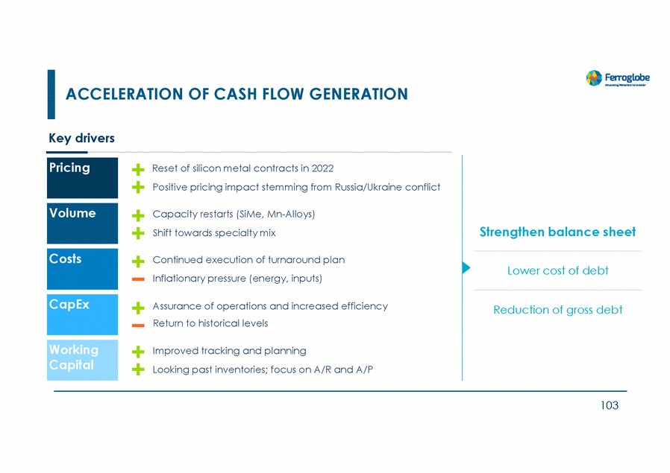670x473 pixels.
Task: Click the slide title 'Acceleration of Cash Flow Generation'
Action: click(x=237, y=95)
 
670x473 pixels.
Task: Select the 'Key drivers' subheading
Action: click(x=81, y=139)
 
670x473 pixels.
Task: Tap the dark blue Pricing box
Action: click(x=82, y=177)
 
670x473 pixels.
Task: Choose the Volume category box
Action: click(x=82, y=223)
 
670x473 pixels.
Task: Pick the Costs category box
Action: click(x=82, y=268)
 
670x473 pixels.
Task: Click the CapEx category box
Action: click(x=82, y=314)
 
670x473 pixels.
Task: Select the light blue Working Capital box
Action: click(x=82, y=359)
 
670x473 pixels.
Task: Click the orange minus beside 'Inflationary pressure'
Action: click(x=137, y=279)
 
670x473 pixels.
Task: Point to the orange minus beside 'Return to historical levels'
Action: click(x=137, y=325)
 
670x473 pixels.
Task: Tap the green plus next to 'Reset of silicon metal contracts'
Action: click(x=138, y=170)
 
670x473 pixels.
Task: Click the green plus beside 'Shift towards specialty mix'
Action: click(x=138, y=234)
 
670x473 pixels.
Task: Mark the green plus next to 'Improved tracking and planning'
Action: click(x=138, y=352)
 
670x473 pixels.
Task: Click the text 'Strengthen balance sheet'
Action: click(x=557, y=232)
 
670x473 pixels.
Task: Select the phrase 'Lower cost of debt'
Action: click(x=557, y=271)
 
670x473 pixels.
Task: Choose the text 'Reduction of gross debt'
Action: click(x=557, y=310)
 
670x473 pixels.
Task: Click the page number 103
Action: click(x=609, y=406)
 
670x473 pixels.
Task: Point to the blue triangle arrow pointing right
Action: click(x=466, y=268)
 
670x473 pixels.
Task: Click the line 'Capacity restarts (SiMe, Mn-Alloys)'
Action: click(x=234, y=215)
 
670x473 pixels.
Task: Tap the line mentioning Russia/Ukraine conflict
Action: click(x=295, y=188)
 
